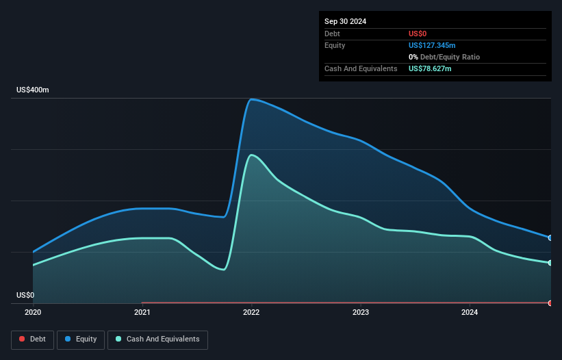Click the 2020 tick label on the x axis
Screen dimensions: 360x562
click(33, 313)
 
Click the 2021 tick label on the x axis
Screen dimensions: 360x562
click(142, 313)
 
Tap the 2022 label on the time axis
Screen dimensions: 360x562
click(251, 313)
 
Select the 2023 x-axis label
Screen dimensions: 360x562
click(361, 313)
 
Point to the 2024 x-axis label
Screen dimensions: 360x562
click(470, 313)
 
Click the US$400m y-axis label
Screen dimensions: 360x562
click(33, 90)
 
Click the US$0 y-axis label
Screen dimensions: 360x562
click(25, 296)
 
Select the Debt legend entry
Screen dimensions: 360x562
click(32, 339)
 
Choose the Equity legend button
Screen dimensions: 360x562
click(81, 339)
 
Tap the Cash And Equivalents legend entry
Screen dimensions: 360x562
click(157, 339)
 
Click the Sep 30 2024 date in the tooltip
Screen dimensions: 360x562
click(345, 21)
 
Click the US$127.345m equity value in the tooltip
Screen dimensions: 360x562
click(432, 45)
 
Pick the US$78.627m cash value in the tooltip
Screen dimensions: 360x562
click(430, 68)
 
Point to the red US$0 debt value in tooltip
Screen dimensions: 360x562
click(418, 34)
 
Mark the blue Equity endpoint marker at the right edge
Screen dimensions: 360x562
click(550, 238)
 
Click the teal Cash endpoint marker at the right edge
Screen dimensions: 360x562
click(550, 263)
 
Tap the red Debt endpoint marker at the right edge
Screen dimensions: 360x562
click(550, 303)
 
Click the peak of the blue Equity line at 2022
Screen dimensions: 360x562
click(252, 99)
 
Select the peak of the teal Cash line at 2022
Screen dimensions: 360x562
click(251, 155)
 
